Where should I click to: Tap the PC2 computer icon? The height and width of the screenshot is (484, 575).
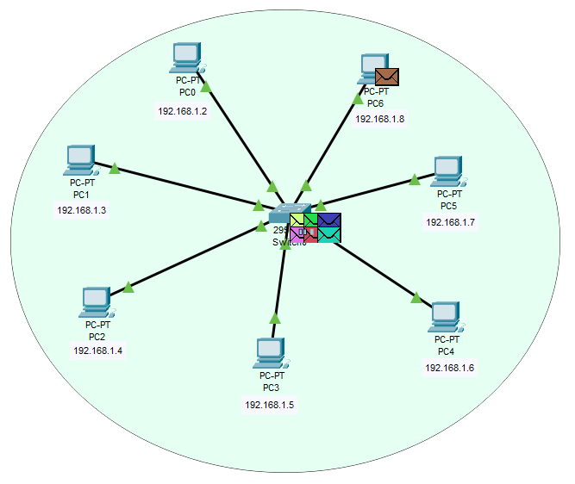tap(95, 302)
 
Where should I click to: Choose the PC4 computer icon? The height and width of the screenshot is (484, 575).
tap(444, 317)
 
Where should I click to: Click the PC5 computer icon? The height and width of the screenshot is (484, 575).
tap(447, 171)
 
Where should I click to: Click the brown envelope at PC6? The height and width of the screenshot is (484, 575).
tap(387, 78)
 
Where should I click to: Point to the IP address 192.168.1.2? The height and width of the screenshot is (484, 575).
tap(183, 111)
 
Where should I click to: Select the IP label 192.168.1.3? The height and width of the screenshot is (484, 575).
tap(82, 210)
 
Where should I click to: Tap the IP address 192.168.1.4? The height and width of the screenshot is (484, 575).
tap(98, 351)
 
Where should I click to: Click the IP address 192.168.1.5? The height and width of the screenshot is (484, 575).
tap(270, 404)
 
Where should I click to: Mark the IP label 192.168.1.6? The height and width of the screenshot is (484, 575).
tap(449, 368)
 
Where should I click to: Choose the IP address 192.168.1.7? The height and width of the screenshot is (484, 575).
tap(450, 222)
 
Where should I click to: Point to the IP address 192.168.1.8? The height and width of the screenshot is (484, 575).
tap(380, 119)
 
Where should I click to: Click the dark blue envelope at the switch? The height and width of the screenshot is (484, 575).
tap(329, 220)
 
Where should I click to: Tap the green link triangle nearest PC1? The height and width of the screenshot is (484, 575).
tap(114, 168)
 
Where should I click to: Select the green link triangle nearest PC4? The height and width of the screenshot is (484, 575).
tap(416, 297)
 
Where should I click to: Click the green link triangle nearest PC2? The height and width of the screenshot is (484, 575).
tap(128, 287)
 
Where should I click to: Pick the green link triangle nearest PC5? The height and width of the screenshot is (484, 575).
tap(415, 179)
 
